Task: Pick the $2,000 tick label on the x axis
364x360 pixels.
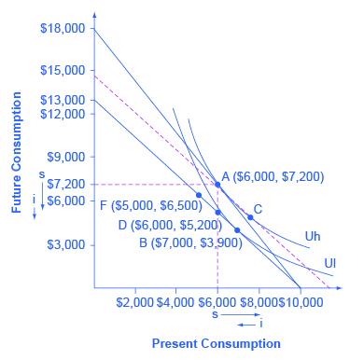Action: [x=134, y=303]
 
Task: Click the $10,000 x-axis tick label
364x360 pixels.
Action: [x=301, y=303]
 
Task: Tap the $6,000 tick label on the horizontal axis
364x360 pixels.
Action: [x=217, y=303]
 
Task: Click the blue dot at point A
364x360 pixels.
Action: [x=217, y=185]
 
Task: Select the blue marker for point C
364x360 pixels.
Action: [x=250, y=217]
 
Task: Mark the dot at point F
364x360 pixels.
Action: [x=199, y=195]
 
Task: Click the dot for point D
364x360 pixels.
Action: [x=217, y=213]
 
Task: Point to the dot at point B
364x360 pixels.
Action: [x=237, y=229]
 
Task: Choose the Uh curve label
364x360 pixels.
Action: [x=313, y=236]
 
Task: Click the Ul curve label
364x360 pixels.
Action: [x=329, y=263]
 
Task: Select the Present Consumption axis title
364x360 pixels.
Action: [x=216, y=344]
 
